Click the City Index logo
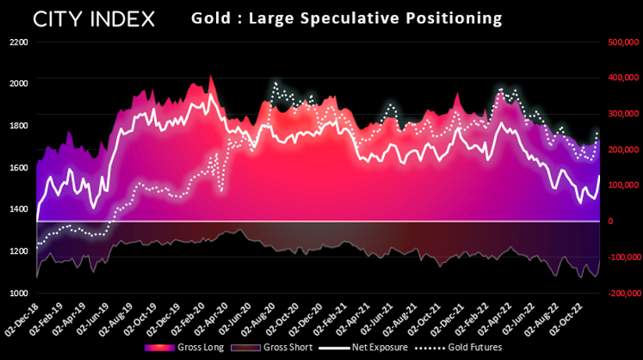click(94, 20)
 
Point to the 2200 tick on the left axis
click(19, 42)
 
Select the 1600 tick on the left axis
click(19, 167)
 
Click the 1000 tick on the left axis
click(19, 293)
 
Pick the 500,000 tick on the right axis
click(623, 42)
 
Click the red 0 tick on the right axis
click(611, 221)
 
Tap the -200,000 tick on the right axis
click(624, 293)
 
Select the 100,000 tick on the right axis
click(623, 185)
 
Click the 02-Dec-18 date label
click(22, 320)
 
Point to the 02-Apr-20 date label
click(212, 320)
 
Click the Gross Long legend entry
click(184, 348)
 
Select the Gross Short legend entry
click(272, 348)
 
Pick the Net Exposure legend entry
click(363, 348)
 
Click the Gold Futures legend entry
click(459, 348)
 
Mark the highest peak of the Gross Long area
click(211, 75)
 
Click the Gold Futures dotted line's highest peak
click(275, 83)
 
